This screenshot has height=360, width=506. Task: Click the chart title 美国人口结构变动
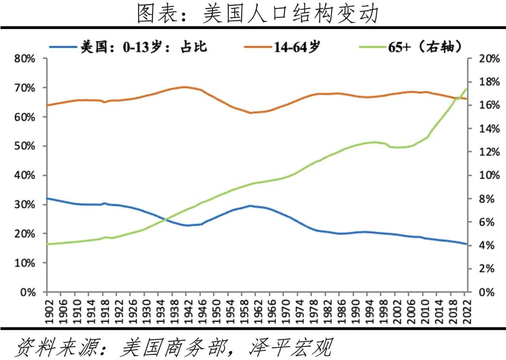click(x=257, y=14)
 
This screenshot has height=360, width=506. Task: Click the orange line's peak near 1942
click(x=184, y=87)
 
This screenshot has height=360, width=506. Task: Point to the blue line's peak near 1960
click(x=250, y=205)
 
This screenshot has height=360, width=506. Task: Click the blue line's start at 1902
click(x=47, y=198)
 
